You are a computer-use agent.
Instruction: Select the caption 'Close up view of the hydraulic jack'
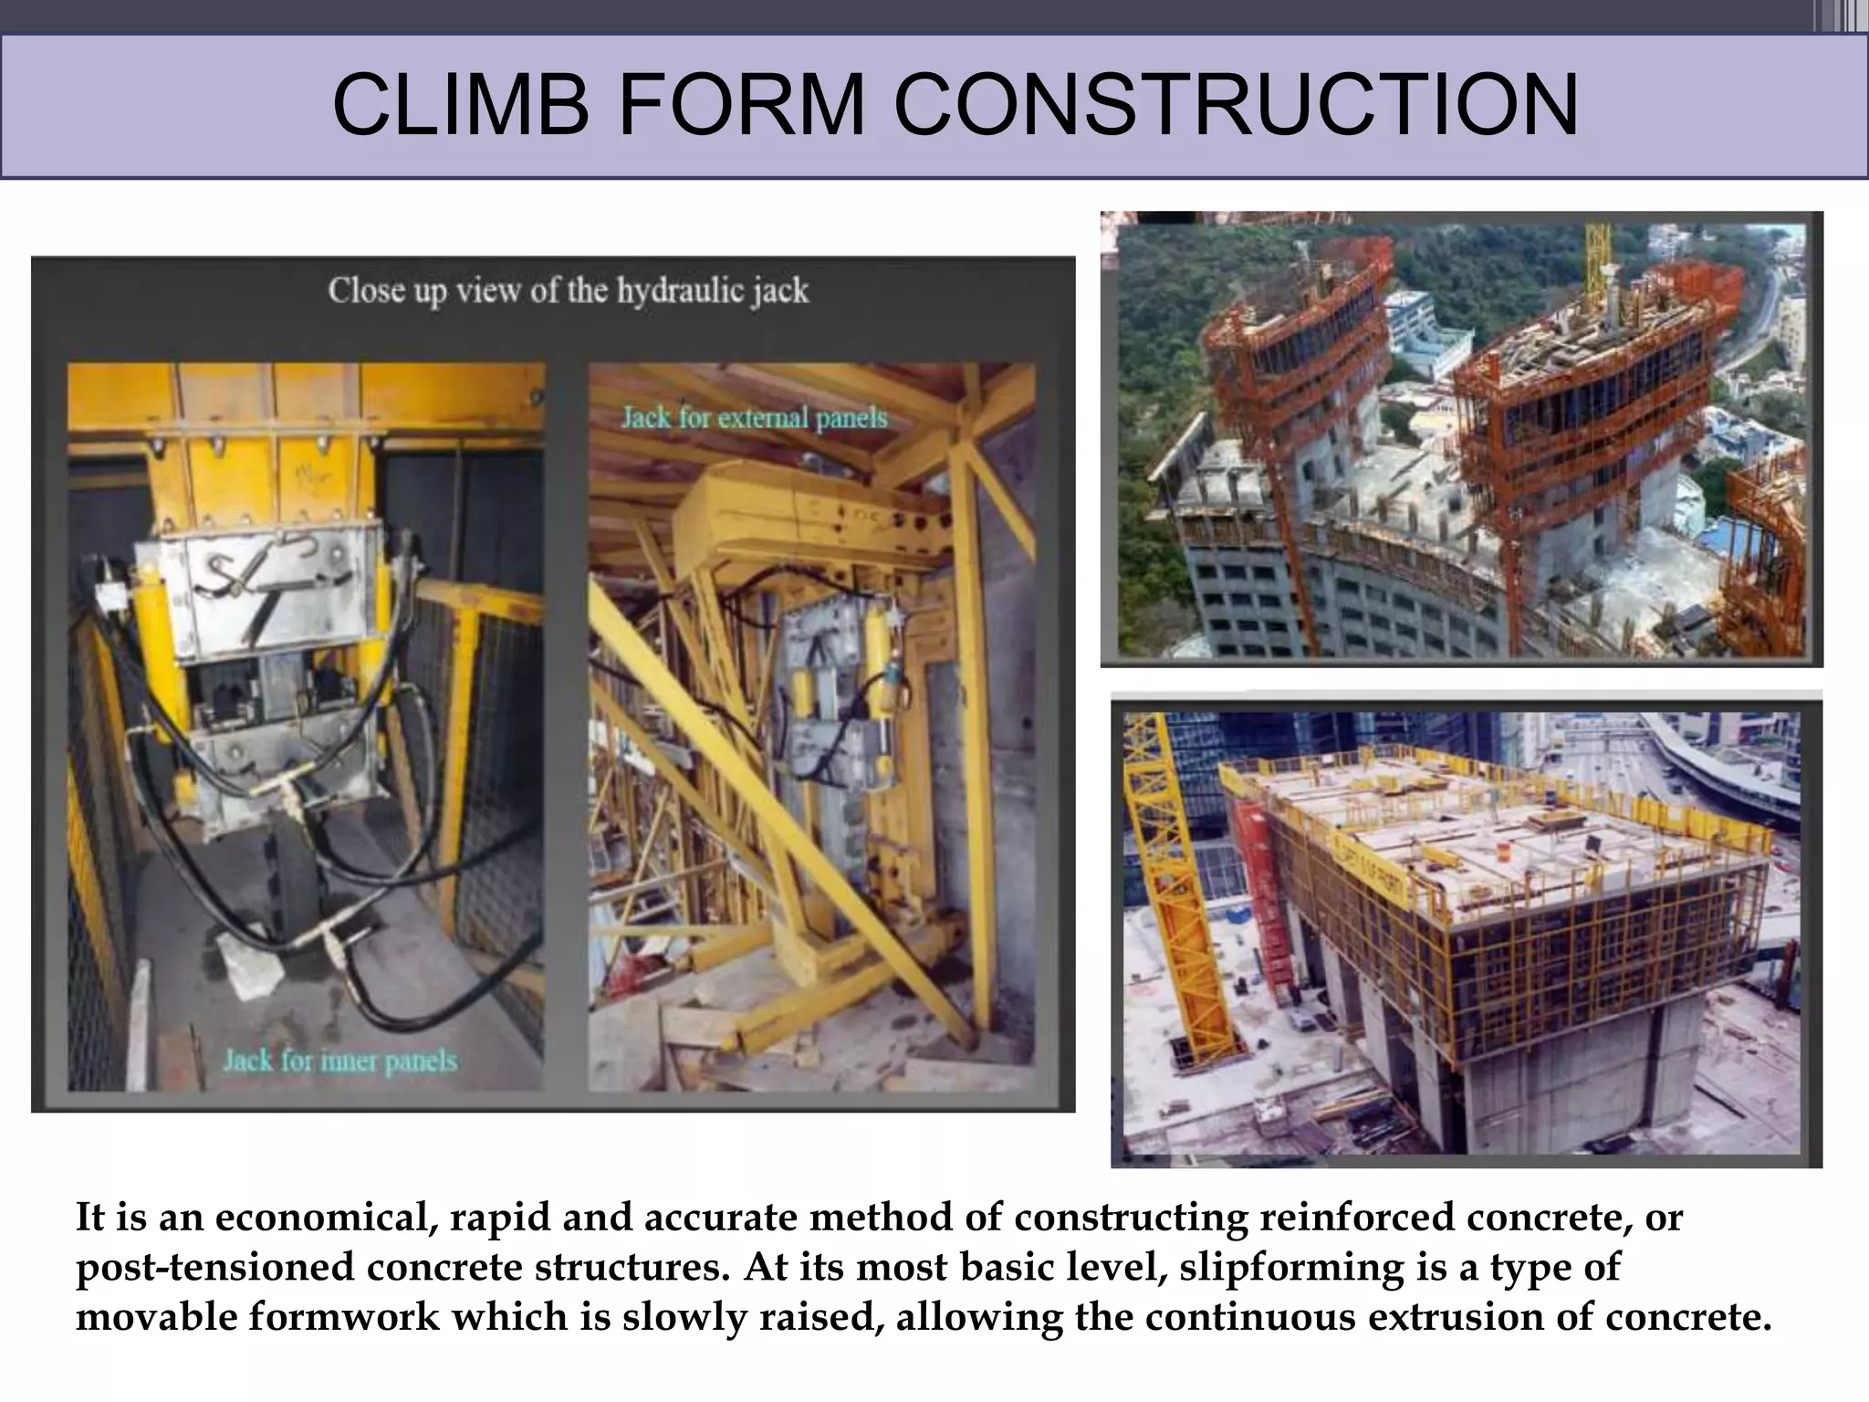pos(568,291)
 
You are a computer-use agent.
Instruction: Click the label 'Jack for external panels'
pos(754,418)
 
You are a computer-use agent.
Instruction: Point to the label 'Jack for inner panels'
pos(339,1061)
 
